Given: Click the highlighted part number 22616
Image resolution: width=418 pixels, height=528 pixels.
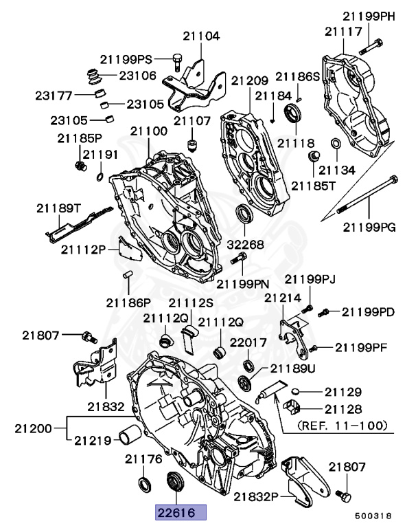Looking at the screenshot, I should point(180,513).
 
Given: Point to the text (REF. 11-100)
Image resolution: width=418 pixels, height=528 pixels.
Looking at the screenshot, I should point(341,426).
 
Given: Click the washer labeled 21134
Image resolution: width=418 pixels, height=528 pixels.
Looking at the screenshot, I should point(336,144).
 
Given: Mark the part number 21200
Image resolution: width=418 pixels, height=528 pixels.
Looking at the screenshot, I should point(32,428).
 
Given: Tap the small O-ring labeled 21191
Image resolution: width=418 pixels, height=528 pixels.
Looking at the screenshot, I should point(101,178).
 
